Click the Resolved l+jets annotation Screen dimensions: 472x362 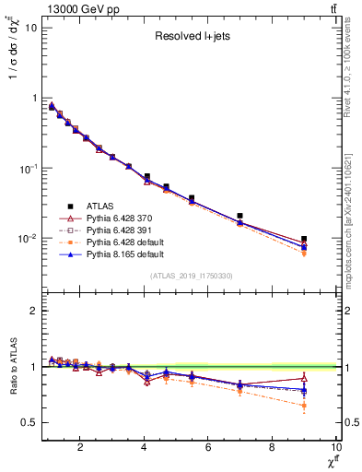coord(190,38)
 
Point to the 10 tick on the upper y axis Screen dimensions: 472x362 coord(30,28)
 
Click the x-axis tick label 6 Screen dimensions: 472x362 coord(208,448)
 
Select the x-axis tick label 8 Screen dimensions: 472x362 coord(272,448)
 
